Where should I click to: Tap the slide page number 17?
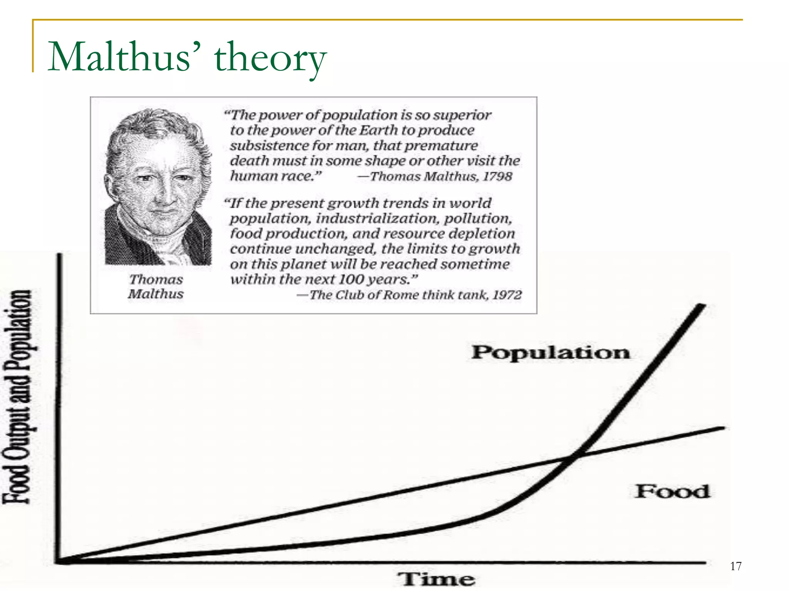pos(735,566)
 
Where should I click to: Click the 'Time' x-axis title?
pos(436,579)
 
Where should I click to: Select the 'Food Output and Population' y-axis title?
pos(17,396)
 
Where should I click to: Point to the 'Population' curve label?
pos(551,352)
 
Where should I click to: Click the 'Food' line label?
pos(672,491)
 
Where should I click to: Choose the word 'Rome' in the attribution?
pos(401,295)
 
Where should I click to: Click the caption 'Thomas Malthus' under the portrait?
pos(156,287)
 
